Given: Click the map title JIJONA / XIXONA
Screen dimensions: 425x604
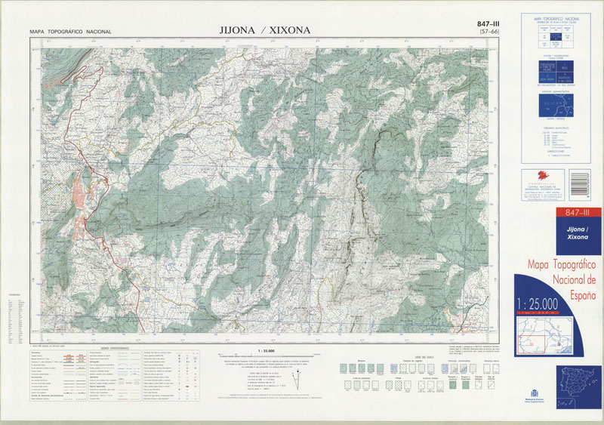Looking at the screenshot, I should [264, 30].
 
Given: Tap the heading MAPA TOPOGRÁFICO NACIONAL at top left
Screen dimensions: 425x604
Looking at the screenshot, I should [70, 32].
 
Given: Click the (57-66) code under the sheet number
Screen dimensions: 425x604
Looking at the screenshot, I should [493, 34].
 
